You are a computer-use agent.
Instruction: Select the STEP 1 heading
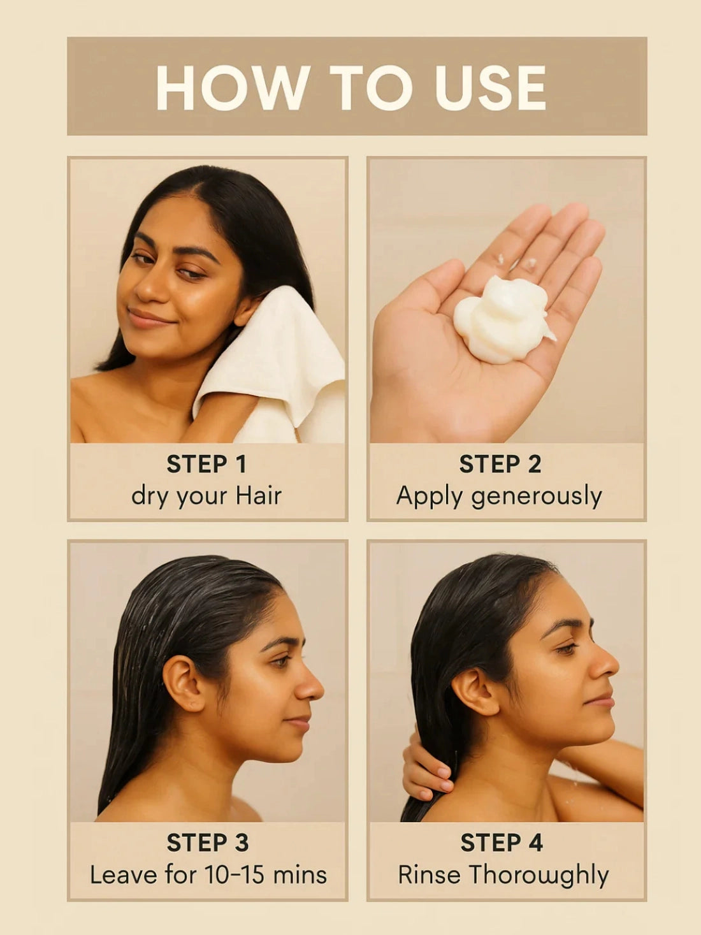(x=206, y=464)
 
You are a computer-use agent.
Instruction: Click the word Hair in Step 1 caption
(x=258, y=496)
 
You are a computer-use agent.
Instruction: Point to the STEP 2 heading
(x=500, y=464)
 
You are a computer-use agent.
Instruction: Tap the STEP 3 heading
(x=207, y=843)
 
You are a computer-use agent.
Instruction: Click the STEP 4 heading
(x=502, y=843)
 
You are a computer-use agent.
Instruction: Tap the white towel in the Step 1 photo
(x=280, y=363)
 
